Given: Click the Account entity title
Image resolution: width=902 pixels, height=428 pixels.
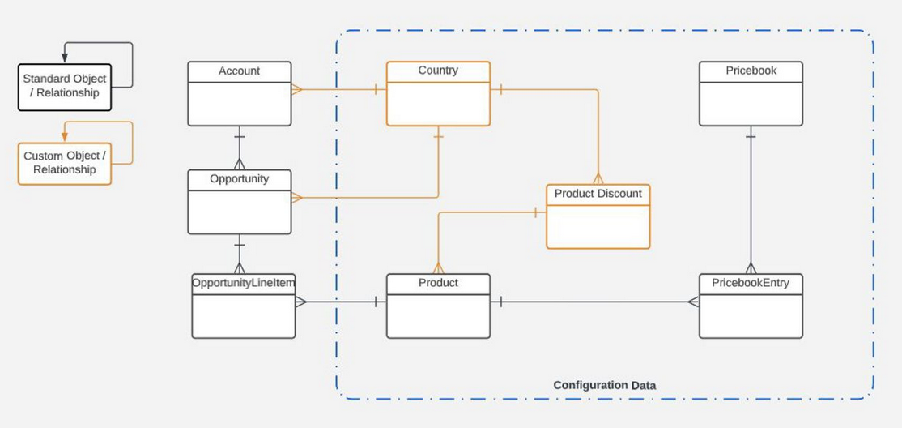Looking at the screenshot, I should pos(239,71).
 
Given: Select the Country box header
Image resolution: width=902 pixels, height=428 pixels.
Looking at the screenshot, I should pos(438,71).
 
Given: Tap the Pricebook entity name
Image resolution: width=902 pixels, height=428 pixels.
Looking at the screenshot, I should pos(751,71).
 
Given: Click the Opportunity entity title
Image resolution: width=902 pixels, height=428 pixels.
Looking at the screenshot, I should pos(239,178).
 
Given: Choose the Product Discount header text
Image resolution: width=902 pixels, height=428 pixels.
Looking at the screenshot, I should pos(598,194).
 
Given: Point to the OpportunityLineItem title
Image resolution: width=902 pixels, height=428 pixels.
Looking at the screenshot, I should pos(244,283).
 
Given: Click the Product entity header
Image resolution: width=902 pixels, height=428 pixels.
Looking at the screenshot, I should pos(438,283).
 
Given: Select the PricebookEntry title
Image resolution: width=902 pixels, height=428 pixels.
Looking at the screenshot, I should pos(751,283).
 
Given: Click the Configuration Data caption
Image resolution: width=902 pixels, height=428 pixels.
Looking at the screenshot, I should pos(604,385).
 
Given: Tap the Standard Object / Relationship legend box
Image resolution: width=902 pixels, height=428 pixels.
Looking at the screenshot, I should pos(65,86).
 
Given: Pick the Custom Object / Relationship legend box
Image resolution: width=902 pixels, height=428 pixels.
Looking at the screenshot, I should pos(65,163).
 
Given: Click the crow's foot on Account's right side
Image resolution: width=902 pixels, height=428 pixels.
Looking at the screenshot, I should pos(297,89).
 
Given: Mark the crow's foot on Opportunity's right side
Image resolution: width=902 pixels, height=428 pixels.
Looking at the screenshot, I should pos(297,197).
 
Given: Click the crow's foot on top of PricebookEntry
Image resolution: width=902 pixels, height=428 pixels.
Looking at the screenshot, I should pos(751,268).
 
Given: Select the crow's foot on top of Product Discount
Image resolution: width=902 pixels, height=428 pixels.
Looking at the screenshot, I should pos(598,178).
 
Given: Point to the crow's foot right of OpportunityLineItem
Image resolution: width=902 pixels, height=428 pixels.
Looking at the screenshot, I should pos(301,302).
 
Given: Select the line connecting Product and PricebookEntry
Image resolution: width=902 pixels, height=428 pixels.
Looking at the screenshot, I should pos(595,302).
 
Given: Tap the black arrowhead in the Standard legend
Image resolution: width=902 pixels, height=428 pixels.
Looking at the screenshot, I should pos(65,58).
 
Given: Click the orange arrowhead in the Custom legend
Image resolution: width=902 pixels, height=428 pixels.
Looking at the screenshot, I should pos(65,136).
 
